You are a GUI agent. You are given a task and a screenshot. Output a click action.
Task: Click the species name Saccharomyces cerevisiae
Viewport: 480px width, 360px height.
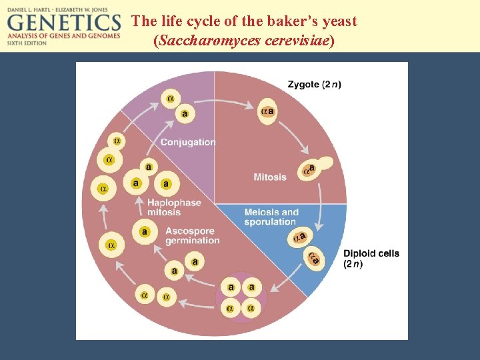pyautogui.click(x=244, y=41)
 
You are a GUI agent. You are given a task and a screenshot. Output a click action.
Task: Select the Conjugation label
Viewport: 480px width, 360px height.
pyautogui.click(x=188, y=142)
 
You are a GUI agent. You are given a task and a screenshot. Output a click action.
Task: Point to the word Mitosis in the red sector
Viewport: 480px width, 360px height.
pyautogui.click(x=270, y=177)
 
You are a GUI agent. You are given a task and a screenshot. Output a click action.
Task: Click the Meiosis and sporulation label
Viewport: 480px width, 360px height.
pyautogui.click(x=271, y=217)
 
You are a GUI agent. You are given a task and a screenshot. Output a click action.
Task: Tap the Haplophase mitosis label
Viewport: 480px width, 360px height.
pyautogui.click(x=174, y=207)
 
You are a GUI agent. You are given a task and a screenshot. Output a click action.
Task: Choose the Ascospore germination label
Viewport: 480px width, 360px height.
pyautogui.click(x=192, y=236)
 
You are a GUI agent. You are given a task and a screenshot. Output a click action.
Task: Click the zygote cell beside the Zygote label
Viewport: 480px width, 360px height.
pyautogui.click(x=268, y=111)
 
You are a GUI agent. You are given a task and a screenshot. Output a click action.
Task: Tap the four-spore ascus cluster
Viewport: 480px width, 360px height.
pyautogui.click(x=241, y=297)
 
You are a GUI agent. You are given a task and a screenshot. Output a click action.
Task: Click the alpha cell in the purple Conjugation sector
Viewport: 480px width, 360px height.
pyautogui.click(x=170, y=99)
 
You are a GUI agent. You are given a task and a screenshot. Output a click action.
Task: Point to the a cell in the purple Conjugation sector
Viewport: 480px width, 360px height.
pyautogui.click(x=185, y=114)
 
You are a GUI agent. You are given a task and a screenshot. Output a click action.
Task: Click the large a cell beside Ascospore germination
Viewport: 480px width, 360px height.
pyautogui.click(x=145, y=231)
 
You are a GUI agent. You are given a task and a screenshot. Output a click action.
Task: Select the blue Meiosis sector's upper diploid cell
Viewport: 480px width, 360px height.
pyautogui.click(x=299, y=237)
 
